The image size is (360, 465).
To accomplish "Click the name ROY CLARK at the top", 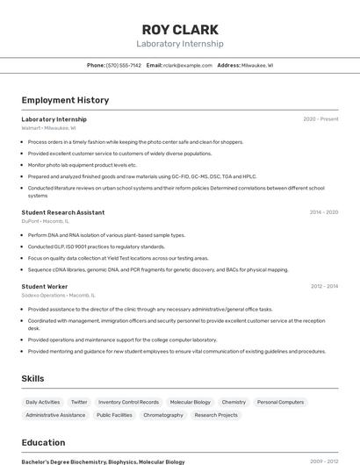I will (x=180, y=29).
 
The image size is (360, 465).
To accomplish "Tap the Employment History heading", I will (x=65, y=100).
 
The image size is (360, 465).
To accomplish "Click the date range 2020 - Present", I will (x=320, y=118).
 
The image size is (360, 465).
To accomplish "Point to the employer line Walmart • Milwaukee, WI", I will (x=49, y=127).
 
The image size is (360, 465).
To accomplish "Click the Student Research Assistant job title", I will (x=63, y=212).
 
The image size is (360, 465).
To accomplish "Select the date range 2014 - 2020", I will (x=323, y=212).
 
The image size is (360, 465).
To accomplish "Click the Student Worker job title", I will (x=45, y=286).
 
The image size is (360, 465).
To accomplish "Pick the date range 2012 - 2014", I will (x=324, y=286).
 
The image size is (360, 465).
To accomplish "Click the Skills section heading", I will (x=33, y=378).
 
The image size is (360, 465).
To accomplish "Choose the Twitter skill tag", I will (x=79, y=402).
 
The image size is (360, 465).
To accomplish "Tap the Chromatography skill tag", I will (x=163, y=415).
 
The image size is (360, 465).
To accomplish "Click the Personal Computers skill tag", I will (x=280, y=402).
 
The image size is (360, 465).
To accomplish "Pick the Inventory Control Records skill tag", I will (x=128, y=402).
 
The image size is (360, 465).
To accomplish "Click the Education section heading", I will (x=43, y=442).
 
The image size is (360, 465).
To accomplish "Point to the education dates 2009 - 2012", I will (x=324, y=461).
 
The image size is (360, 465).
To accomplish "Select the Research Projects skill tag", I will (x=216, y=415).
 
